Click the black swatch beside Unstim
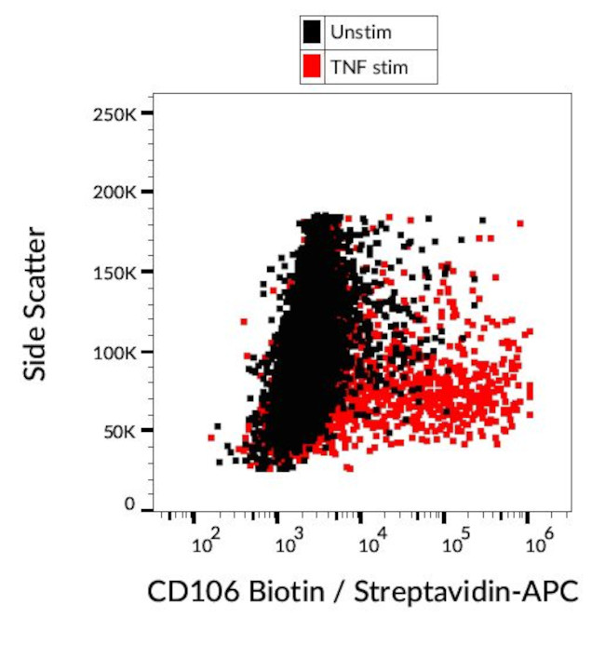(312, 33)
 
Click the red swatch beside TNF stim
(312, 66)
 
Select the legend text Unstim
(361, 33)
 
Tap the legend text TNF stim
(370, 66)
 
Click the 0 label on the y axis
(130, 504)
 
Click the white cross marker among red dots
(434, 386)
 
